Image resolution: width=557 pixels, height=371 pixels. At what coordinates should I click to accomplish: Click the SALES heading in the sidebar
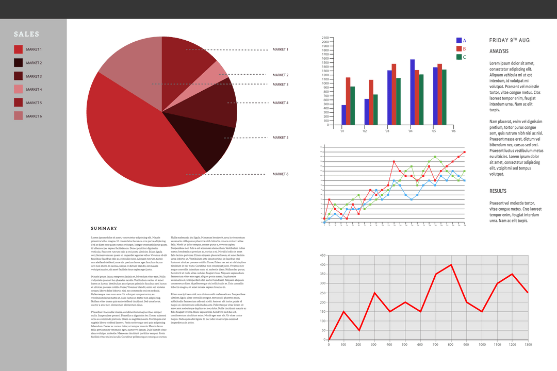(26, 34)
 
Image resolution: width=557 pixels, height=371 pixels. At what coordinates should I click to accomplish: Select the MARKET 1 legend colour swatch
(18, 49)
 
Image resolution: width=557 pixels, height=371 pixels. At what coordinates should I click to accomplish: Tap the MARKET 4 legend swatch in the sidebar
(18, 90)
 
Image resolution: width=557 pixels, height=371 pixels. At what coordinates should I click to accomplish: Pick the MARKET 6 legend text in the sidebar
(34, 116)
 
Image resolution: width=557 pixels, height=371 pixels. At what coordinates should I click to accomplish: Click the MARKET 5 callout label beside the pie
(281, 138)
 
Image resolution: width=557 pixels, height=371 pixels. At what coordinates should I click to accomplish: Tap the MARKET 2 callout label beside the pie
(281, 75)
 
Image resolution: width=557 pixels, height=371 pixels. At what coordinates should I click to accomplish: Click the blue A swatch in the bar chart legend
(459, 40)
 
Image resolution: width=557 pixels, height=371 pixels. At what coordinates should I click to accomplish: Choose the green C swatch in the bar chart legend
(459, 57)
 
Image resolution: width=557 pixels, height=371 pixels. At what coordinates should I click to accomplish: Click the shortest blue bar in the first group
(343, 114)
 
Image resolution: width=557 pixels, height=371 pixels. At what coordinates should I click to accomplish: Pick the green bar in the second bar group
(376, 109)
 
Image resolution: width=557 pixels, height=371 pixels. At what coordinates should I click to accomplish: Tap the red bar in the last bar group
(439, 94)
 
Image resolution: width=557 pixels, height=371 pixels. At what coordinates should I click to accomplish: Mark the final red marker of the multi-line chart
(465, 152)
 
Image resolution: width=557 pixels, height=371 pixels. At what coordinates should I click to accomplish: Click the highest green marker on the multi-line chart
(435, 156)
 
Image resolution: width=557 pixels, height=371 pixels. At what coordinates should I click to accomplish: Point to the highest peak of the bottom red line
(451, 265)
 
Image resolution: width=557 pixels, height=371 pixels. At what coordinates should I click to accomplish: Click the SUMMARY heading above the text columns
(104, 228)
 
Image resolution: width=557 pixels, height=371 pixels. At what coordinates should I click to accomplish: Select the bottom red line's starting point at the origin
(329, 340)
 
